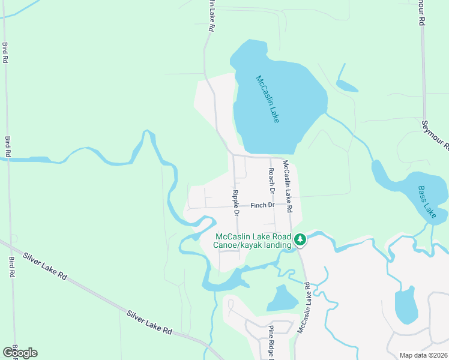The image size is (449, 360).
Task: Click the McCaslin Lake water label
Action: point(267,99)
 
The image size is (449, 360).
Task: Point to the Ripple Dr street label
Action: point(235,203)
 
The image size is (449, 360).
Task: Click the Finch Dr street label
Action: point(262,205)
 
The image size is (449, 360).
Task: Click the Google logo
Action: point(20,352)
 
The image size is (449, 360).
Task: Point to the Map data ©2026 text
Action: point(423,355)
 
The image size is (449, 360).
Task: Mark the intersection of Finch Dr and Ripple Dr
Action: point(235,208)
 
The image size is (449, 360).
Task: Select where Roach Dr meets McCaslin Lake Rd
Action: point(271,157)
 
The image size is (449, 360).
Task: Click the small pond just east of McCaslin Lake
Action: point(346,85)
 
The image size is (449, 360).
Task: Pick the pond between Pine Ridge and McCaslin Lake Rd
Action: point(282,298)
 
